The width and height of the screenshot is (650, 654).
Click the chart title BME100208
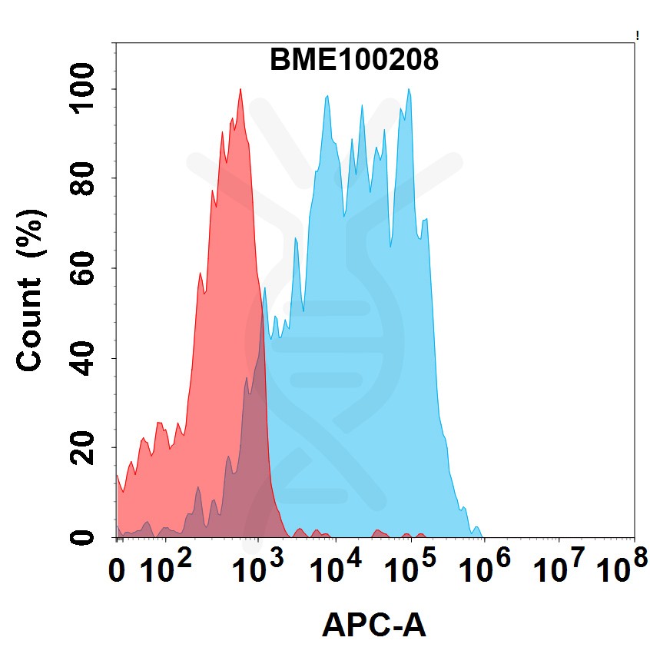(x=354, y=60)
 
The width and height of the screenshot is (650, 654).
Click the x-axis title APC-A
(x=373, y=625)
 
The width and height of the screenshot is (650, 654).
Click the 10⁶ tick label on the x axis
(x=486, y=569)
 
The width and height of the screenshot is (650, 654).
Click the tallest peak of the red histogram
(x=240, y=90)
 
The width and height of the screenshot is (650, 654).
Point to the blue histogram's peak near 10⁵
(x=409, y=91)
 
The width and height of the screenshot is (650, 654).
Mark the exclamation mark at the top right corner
(x=638, y=35)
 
